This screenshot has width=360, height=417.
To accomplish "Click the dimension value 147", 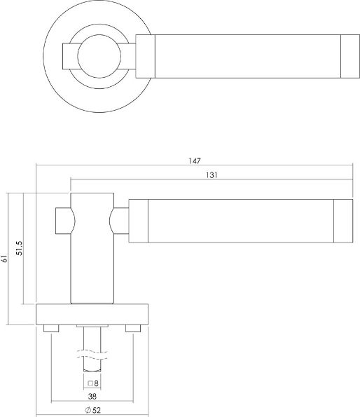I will pyautogui.click(x=194, y=160).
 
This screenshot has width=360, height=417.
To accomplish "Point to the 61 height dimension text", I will pyautogui.click(x=5, y=259).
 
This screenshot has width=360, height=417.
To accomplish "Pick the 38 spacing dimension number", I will pyautogui.click(x=92, y=395).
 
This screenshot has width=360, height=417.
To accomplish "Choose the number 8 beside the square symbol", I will pyautogui.click(x=97, y=383).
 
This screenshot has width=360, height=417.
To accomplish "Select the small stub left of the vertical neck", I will pyautogui.click(x=62, y=220).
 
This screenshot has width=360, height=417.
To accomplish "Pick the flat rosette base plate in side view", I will pyautogui.click(x=91, y=314).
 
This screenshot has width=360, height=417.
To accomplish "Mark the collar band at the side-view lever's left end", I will pyautogui.click(x=139, y=221).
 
